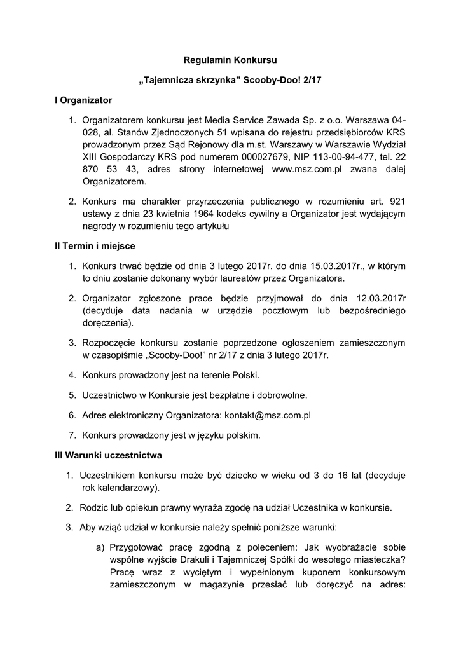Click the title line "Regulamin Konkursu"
[230, 61]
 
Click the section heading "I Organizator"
[83, 100]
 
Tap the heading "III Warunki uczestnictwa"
[108, 455]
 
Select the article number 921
[397, 201]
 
